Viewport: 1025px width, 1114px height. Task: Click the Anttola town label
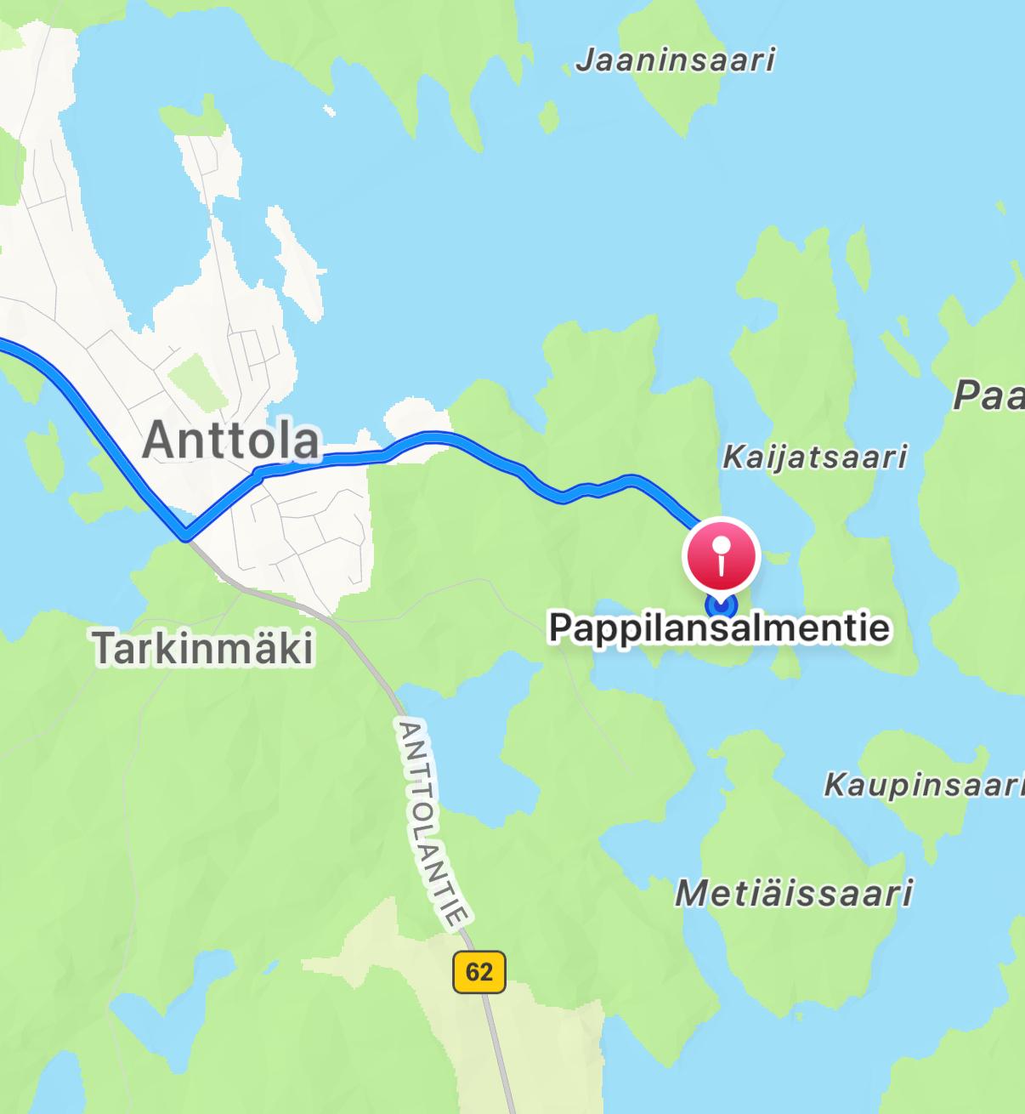point(231,440)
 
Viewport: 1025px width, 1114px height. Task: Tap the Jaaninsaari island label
point(676,60)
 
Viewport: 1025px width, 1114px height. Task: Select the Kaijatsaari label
point(814,458)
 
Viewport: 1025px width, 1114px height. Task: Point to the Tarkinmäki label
point(203,648)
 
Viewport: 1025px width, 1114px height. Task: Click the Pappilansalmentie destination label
point(720,628)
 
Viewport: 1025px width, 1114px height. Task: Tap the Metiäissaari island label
point(794,894)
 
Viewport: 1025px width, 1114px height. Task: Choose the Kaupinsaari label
point(923,785)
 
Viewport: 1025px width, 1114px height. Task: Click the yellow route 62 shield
point(479,972)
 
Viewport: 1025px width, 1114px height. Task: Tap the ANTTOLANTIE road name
point(433,824)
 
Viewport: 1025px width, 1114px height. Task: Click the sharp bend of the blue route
point(185,536)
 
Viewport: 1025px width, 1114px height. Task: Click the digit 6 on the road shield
point(473,972)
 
